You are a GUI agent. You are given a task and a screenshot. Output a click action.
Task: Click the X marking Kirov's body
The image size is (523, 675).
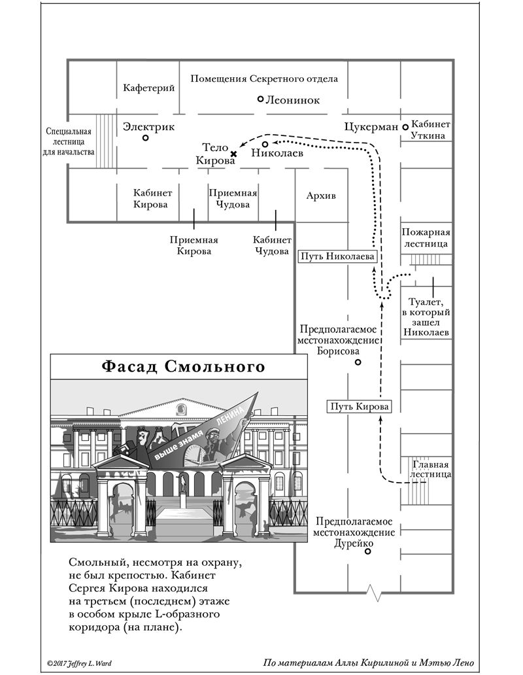pos(233,154)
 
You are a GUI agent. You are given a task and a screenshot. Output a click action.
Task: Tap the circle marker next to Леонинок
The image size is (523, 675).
pos(260,99)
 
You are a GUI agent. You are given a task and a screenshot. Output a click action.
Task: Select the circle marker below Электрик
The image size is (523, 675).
pos(146,138)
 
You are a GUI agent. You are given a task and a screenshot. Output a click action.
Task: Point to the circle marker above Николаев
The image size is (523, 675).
pos(265,144)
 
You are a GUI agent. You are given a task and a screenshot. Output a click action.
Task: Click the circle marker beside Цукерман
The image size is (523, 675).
pos(405,127)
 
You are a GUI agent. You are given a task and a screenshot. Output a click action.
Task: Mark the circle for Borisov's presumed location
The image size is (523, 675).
pos(358,362)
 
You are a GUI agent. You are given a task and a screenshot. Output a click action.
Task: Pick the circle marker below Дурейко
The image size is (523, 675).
pos(367,552)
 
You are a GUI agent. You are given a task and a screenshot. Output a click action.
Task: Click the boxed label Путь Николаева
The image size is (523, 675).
pos(337,256)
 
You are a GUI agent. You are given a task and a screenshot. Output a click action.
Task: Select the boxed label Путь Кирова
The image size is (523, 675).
pos(359,406)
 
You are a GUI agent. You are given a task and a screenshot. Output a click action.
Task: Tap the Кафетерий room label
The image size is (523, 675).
pos(148,88)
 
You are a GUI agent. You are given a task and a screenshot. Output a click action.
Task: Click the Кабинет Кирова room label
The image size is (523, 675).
pos(152,199)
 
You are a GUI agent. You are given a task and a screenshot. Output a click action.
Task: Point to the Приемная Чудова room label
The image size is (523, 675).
pos(233,199)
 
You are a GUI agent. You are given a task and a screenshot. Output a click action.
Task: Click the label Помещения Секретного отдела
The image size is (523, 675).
pos(264,78)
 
